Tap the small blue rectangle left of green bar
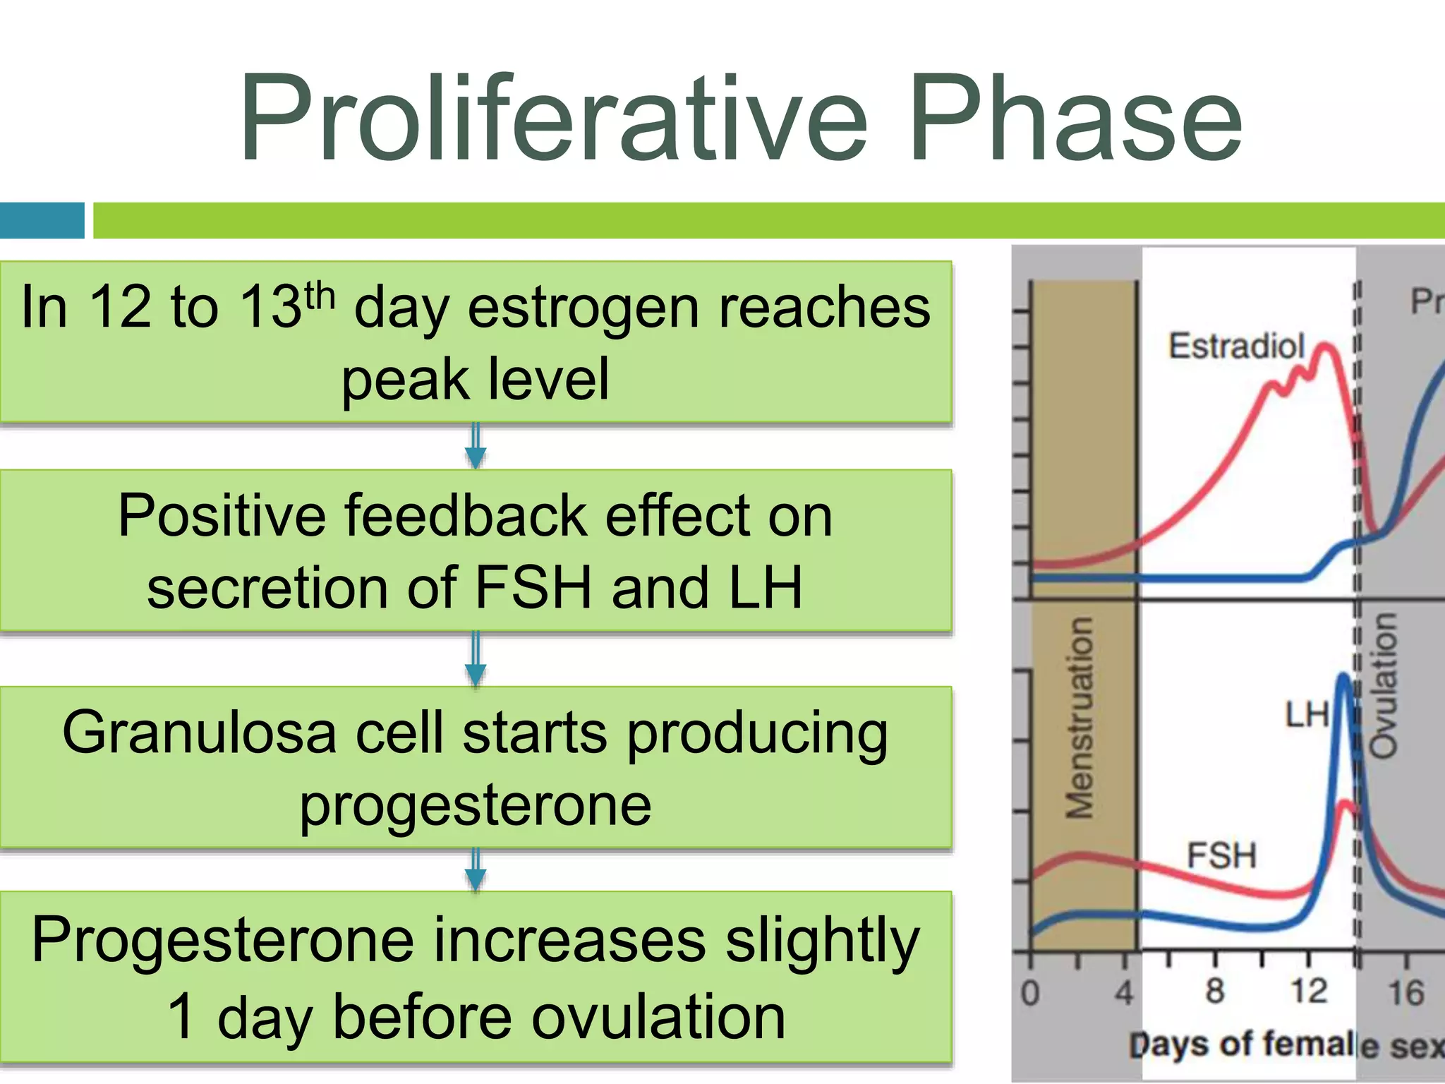point(42,220)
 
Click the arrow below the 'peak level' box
point(476,447)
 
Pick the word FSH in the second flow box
point(533,587)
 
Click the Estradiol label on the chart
point(1236,347)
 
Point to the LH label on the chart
point(1306,715)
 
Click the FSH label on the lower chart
point(1221,855)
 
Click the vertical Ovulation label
point(1383,685)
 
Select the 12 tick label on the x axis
point(1309,991)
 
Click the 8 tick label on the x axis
point(1214,991)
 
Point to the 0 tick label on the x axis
point(1030,993)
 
